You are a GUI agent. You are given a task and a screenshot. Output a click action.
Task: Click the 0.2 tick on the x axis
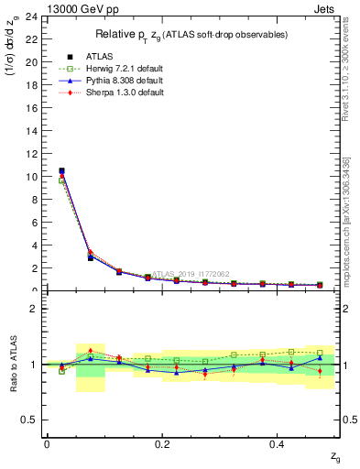[162, 444]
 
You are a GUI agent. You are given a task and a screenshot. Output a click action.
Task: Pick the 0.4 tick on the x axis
[277, 444]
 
